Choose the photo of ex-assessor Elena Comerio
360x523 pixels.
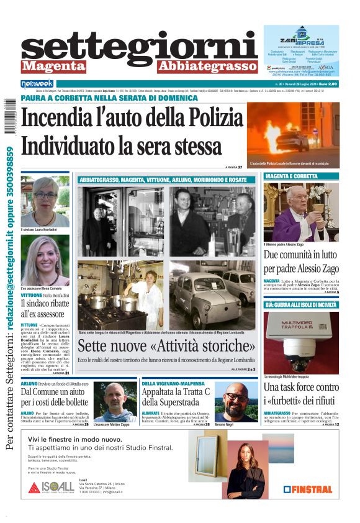(45, 260)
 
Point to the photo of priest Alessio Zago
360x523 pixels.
(301, 212)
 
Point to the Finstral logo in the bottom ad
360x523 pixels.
(308, 489)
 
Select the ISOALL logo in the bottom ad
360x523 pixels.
(51, 486)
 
